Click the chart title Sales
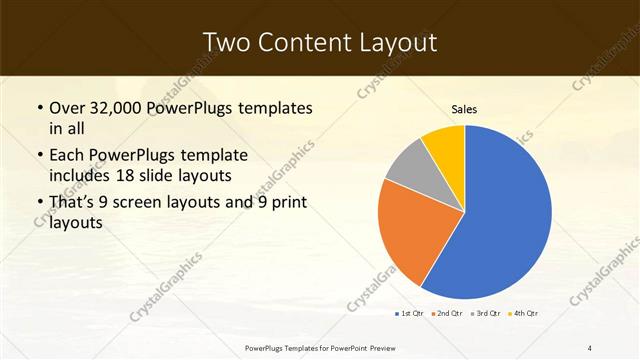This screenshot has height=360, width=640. point(464,108)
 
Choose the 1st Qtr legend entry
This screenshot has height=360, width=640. point(411,313)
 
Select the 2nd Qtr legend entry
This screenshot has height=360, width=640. point(449,313)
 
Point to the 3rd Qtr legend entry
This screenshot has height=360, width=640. point(487,313)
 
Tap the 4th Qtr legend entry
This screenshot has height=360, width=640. point(525,313)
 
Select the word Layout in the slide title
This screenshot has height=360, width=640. point(396,41)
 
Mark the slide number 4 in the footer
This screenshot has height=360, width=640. point(590,347)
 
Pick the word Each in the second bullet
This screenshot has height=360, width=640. point(69,156)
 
